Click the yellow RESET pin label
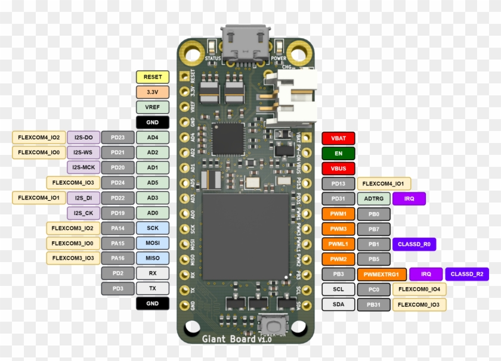[153, 77]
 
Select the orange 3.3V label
[153, 92]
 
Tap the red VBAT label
[338, 138]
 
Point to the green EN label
[338, 153]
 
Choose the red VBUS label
[338, 169]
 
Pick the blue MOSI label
[153, 243]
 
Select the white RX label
[153, 273]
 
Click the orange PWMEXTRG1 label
[382, 274]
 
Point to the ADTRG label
[374, 198]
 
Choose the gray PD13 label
[338, 183]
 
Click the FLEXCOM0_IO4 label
[419, 289]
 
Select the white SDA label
[338, 304]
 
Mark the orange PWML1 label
[338, 244]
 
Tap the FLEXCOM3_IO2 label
[72, 228]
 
